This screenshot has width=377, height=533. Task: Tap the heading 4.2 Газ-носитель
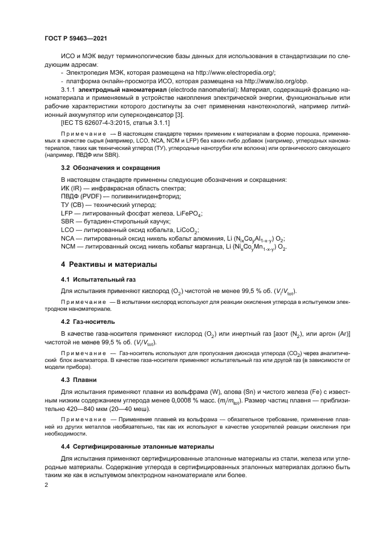click(x=88, y=321)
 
